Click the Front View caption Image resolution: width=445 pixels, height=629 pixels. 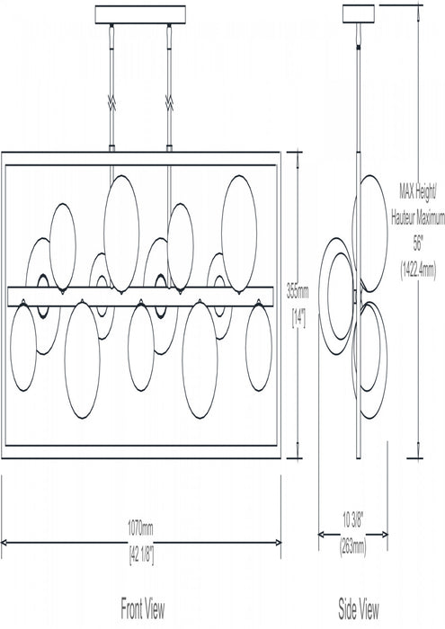[142, 608]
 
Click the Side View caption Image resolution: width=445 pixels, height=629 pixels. [359, 608]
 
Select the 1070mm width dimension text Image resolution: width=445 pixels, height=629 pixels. [140, 528]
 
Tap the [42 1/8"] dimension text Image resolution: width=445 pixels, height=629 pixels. [141, 555]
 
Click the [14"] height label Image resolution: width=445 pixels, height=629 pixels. [298, 319]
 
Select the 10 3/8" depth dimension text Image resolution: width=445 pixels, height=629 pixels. [352, 520]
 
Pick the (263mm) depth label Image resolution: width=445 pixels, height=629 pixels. [353, 547]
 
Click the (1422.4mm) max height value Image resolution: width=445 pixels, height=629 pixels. [418, 270]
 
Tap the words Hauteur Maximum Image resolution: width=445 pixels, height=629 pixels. [418, 218]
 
